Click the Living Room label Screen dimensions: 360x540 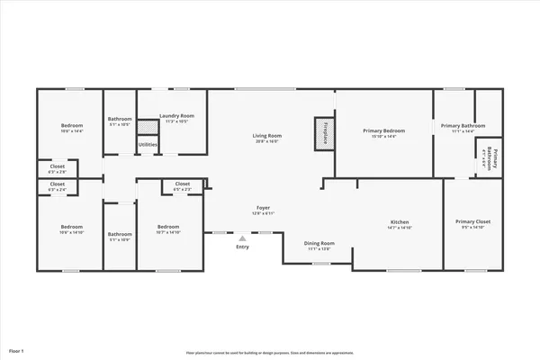pyautogui.click(x=266, y=136)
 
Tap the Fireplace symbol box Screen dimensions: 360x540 pyautogui.click(x=319, y=131)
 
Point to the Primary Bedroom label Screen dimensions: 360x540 pyautogui.click(x=383, y=131)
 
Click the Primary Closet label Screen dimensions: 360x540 pyautogui.click(x=472, y=221)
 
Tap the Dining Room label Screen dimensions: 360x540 pyautogui.click(x=319, y=243)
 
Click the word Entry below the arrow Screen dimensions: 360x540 pyautogui.click(x=242, y=247)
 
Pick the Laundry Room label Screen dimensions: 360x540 pyautogui.click(x=176, y=116)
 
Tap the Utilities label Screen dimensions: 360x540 pyautogui.click(x=148, y=144)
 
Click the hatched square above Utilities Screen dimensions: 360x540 pyautogui.click(x=146, y=130)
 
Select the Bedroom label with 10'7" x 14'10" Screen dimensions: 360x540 pyautogui.click(x=168, y=227)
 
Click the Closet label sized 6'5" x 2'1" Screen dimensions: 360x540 pyautogui.click(x=182, y=184)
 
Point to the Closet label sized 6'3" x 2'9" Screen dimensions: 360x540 pyautogui.click(x=57, y=166)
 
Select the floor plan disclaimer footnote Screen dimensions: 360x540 pyautogui.click(x=268, y=354)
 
